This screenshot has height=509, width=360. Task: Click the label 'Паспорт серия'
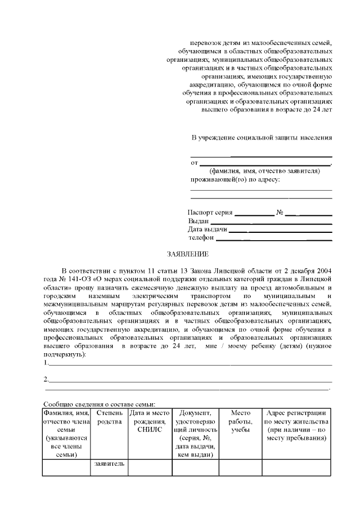pyautogui.click(x=209, y=213)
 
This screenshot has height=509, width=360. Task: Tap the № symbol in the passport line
pyautogui.click(x=279, y=213)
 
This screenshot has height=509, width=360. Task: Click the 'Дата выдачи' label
pyautogui.click(x=208, y=229)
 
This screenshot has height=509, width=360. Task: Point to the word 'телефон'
pyautogui.click(x=201, y=238)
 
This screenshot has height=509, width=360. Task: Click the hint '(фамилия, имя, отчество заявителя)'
pyautogui.click(x=264, y=171)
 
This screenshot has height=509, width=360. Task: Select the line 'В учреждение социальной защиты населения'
pyautogui.click(x=262, y=137)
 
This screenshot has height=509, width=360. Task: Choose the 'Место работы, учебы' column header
pyautogui.click(x=240, y=422)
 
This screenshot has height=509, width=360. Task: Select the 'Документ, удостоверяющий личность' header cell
pyautogui.click(x=194, y=434)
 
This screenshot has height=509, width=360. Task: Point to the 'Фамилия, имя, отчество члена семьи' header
pyautogui.click(x=66, y=434)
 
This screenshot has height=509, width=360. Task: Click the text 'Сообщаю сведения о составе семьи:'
pyautogui.click(x=100, y=403)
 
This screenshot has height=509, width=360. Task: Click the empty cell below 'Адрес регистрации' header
pyautogui.click(x=296, y=467)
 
